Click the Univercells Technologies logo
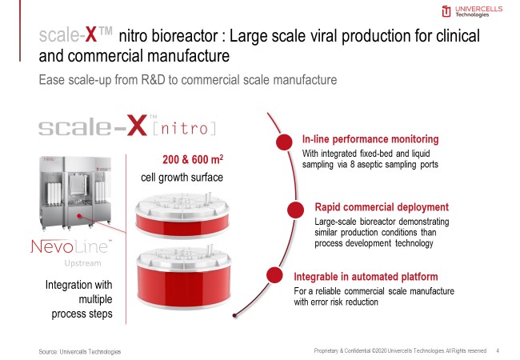pos(472,11)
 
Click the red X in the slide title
pos(91,34)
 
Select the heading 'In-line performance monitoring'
pos(370,139)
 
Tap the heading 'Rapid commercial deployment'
pos(382,207)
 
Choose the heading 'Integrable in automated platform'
pos(366,277)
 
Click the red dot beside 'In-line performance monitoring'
pos(284,142)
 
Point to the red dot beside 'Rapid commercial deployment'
pos(295,210)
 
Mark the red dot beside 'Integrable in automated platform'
pos(274,275)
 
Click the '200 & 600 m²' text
pos(193,159)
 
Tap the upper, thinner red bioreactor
pos(182,215)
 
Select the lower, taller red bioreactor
pos(184,277)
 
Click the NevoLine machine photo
pos(76,193)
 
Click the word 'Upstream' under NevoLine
pos(83,263)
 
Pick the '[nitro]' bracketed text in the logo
pos(185,128)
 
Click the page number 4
pos(498,350)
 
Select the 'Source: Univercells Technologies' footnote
pos(79,352)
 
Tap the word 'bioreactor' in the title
pos(185,36)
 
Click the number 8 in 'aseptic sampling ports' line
pos(353,165)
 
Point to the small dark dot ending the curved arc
pos(234,315)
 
